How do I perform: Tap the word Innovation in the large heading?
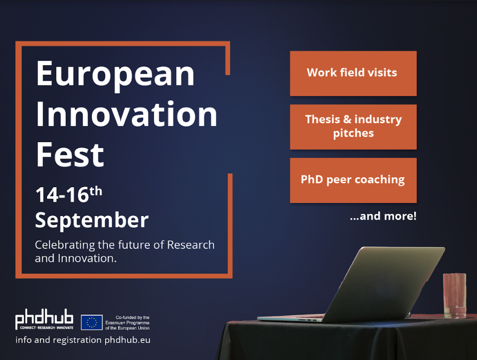coord(127,114)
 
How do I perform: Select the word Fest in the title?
coord(70,155)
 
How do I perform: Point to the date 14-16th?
coord(69,194)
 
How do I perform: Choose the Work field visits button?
coord(353,73)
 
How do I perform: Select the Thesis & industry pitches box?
coord(353,127)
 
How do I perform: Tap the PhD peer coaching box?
coord(353,180)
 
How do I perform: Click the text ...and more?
coord(383,216)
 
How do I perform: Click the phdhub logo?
coord(45,319)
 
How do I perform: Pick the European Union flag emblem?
coord(92,323)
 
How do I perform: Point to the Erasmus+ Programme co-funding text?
coord(128,323)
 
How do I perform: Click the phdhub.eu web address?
coord(127,340)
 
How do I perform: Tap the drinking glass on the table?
coord(454,296)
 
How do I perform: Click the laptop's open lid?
coord(384,284)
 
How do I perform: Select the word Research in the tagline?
coord(191,245)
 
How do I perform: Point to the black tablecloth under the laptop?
coord(347,340)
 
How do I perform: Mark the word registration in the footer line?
coord(77,340)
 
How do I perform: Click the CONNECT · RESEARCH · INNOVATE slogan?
coord(47,328)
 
